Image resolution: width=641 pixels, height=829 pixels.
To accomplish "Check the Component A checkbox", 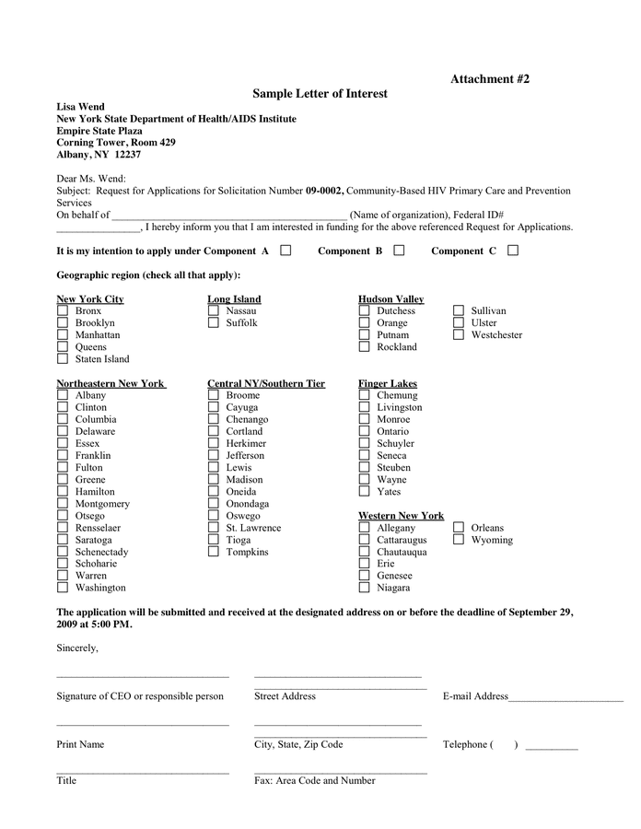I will coord(286,250).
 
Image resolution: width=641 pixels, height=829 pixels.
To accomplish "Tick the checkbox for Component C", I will coord(513,250).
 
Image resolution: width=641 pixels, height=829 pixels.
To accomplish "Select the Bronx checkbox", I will coord(63,311).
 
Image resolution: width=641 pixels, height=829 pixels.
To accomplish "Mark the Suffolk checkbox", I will coord(214,323).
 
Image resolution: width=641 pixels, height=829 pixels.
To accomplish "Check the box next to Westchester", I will coord(459,335).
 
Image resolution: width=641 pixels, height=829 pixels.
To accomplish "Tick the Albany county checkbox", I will coord(63,395).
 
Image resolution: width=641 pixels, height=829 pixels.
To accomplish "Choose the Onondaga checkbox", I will coord(214,504).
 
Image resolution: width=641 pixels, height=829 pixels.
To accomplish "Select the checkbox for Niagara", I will coord(365,588).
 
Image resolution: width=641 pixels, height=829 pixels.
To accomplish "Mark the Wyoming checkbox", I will coord(459,540).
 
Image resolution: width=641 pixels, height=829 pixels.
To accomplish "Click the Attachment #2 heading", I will coord(489,79).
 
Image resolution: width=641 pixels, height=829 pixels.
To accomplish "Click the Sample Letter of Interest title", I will coord(320,94).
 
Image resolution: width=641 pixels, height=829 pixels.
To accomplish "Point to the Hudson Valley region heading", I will coord(390,299).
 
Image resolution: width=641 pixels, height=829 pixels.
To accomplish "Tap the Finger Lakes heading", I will coord(387,383).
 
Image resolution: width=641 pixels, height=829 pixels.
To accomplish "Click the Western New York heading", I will coord(401,516).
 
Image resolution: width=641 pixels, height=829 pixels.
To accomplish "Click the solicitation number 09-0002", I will coord(324,191).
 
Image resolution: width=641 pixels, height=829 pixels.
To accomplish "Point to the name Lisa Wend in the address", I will coord(80,107).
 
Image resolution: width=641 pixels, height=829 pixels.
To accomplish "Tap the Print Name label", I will coord(80,744).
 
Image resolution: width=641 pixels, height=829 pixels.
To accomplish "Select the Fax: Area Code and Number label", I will coord(314,780).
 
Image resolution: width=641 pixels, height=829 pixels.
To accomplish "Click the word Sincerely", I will coord(77,648).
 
